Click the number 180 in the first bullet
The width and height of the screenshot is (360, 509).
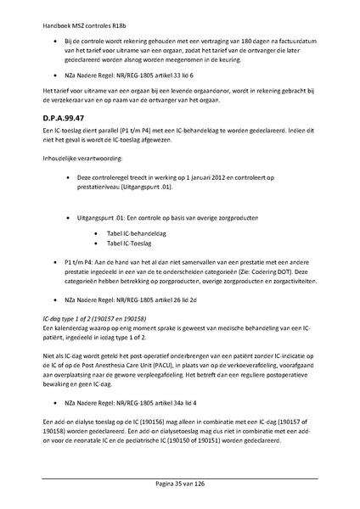[x=224, y=41]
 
